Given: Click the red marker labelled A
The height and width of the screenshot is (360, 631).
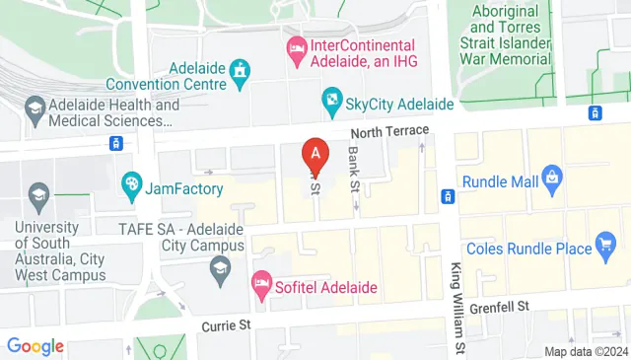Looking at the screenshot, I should tap(315, 154).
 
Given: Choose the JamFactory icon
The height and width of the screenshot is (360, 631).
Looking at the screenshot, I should tap(131, 183).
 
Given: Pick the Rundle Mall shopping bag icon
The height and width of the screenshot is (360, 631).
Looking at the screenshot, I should tap(552, 180).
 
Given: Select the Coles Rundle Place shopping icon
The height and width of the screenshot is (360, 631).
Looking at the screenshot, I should tap(606, 247).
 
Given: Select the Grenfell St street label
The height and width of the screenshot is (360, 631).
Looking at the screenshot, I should tap(498, 307).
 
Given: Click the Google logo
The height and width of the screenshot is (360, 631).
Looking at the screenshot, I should tap(35, 346).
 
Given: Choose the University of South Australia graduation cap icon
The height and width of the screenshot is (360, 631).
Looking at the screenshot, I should tap(39, 192).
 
